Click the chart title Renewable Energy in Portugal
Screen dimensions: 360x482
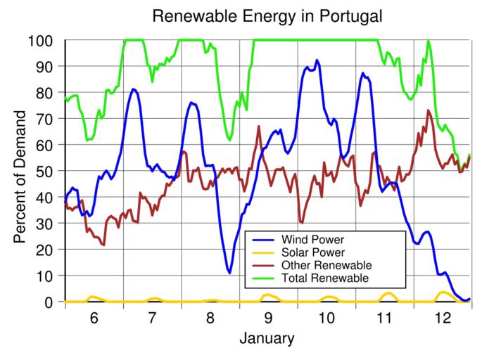267,15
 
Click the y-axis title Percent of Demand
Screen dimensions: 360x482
20,172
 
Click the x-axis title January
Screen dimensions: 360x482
266,339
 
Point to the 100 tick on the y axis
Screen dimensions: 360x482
42,40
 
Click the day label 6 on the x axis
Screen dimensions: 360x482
94,318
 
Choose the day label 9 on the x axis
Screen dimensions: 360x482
269,318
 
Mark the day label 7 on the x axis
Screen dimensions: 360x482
152,318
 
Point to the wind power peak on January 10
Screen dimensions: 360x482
317,60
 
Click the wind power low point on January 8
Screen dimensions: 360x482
229,272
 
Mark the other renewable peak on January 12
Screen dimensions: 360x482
428,110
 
